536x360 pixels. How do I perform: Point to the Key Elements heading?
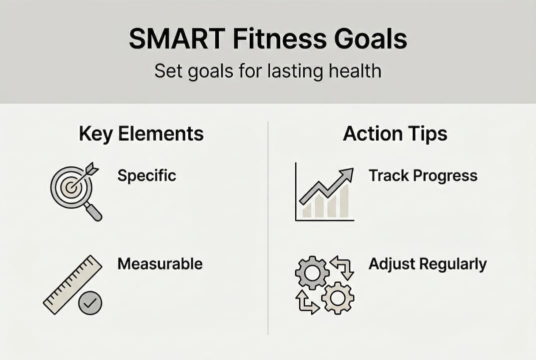point(141,134)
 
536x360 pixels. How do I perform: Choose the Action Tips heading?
point(395,134)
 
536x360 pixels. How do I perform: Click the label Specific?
point(147,175)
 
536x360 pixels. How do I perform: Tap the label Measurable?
point(160,263)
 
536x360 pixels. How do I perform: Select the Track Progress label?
point(423,175)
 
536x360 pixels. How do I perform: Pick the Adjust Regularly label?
point(427,263)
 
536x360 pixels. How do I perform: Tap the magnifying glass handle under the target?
point(93,212)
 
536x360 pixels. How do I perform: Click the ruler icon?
point(70,284)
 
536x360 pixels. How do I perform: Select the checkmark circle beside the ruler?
point(90,302)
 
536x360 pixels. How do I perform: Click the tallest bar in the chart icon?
point(343,202)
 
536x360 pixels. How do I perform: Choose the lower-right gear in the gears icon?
point(338,298)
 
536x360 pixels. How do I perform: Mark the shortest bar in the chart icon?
point(307,210)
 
